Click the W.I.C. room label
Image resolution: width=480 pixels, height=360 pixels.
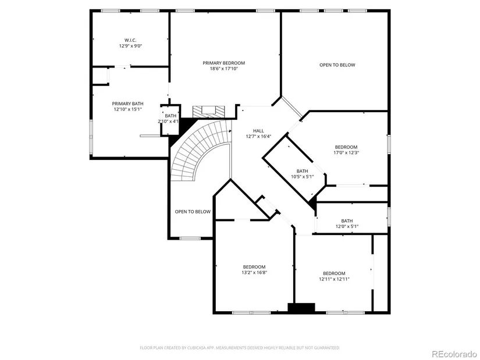[130, 40]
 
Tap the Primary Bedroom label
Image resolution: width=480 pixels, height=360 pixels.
[224, 63]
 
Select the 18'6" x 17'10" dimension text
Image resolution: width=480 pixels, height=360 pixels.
[224, 69]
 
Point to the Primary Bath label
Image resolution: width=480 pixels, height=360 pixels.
[127, 104]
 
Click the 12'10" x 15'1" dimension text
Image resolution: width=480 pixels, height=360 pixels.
[127, 109]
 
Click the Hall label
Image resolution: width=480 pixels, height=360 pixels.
[258, 131]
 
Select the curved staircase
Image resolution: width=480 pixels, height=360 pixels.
[201, 150]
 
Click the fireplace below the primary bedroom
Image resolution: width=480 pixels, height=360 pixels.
[208, 112]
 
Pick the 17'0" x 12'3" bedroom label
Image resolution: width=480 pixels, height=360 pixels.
[346, 149]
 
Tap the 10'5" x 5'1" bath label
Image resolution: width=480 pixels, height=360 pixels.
[302, 174]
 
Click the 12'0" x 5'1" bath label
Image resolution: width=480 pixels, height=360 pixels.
[347, 224]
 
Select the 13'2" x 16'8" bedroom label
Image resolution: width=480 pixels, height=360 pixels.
[254, 270]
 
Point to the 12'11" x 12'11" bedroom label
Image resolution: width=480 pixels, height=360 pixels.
[334, 276]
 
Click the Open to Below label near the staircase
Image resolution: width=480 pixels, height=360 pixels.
[193, 212]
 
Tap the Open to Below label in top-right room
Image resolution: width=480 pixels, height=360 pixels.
[337, 65]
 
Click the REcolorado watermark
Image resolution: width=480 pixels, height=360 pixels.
[454, 354]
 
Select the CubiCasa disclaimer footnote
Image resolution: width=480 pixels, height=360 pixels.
[240, 348]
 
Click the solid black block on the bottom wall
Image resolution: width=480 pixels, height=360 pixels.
[301, 308]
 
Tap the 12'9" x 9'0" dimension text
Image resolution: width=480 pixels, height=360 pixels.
[130, 46]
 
